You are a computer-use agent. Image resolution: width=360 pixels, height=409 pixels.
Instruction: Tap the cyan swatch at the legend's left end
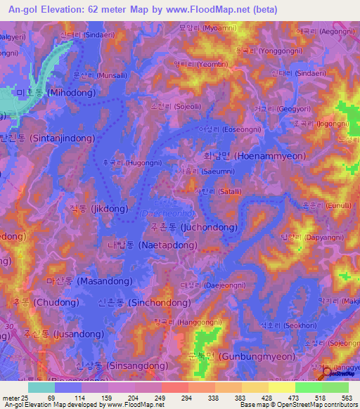click(41, 387)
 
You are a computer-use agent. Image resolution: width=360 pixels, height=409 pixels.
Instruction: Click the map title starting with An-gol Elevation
click(139, 9)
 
